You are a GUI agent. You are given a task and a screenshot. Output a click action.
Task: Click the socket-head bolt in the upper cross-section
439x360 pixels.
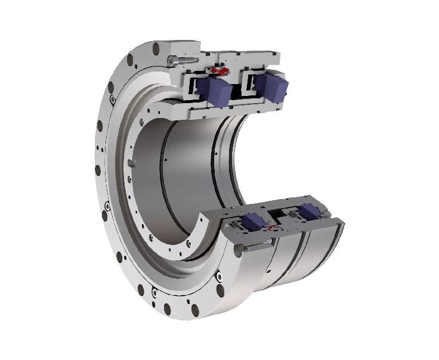tap(178, 60)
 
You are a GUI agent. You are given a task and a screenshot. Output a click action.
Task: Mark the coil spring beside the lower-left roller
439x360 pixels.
tap(237, 226)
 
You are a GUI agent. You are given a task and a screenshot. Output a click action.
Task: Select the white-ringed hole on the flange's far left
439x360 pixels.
tap(106, 206)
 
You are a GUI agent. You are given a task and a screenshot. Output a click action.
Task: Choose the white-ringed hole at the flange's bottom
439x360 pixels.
tap(156, 294)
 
